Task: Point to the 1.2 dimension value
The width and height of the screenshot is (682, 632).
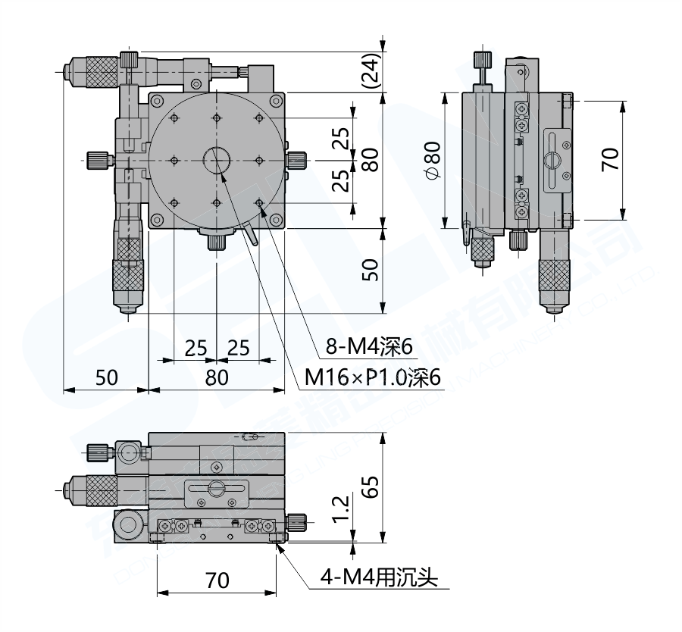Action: click(x=342, y=508)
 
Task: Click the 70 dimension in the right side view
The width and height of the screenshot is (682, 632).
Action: click(x=611, y=160)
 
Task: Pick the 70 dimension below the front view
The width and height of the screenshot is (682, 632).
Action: click(x=217, y=581)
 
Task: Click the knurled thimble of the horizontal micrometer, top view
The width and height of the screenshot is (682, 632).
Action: click(x=95, y=69)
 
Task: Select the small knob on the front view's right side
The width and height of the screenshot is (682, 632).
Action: click(x=297, y=521)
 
